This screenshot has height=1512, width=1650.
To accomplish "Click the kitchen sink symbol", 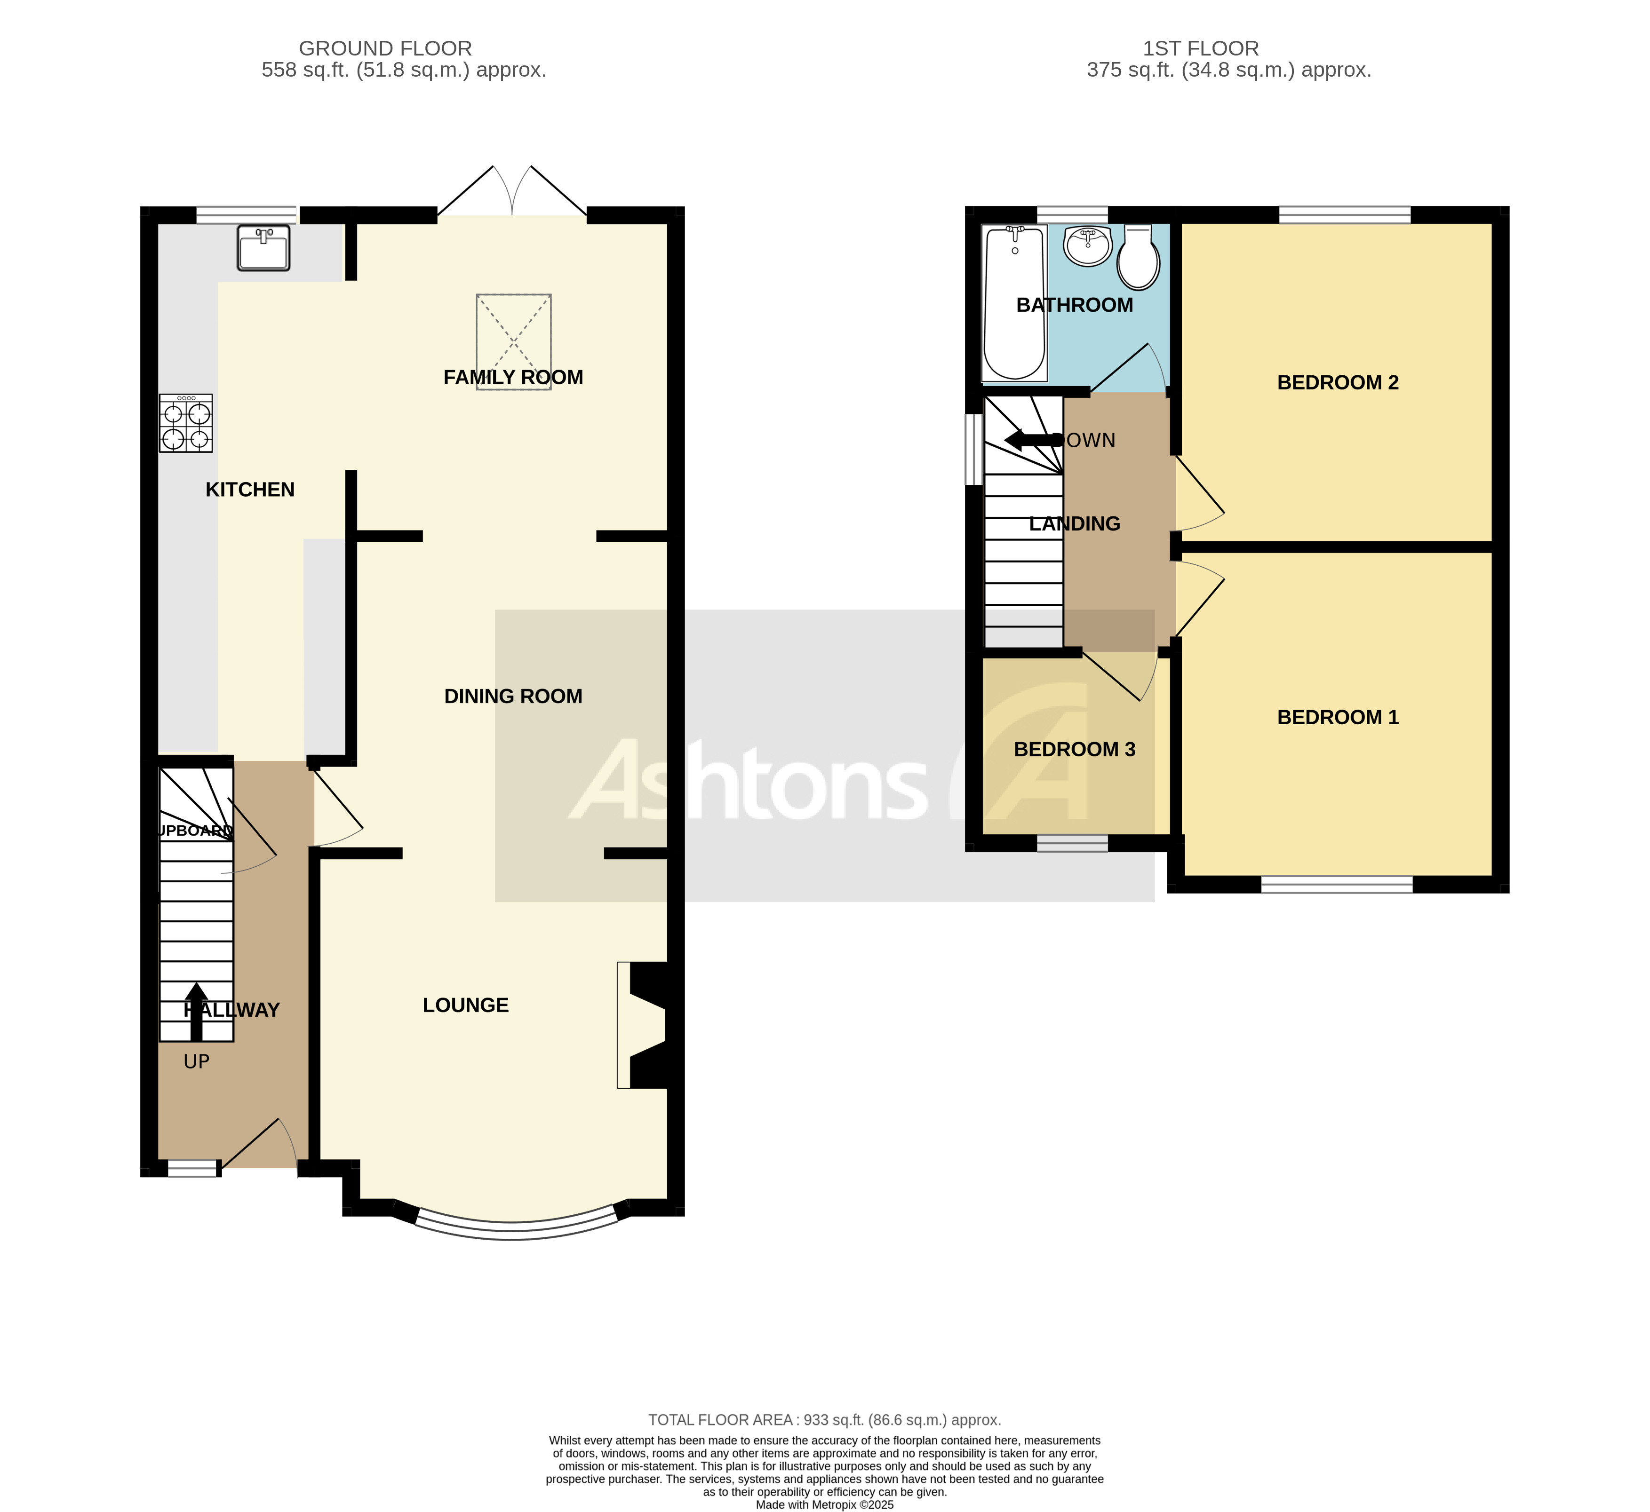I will pyautogui.click(x=263, y=248).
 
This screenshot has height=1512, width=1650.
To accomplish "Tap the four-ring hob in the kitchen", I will pyautogui.click(x=186, y=424).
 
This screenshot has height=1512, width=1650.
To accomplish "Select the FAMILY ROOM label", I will pyautogui.click(x=513, y=377).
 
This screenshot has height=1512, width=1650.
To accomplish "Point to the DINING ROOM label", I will pyautogui.click(x=513, y=697).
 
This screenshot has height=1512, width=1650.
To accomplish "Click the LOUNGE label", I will pyautogui.click(x=466, y=1005).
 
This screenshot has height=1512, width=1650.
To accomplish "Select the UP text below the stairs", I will pyautogui.click(x=197, y=1062).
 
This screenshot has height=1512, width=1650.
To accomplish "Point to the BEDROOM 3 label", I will pyautogui.click(x=1075, y=750).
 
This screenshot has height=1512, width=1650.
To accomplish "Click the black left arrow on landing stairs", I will pyautogui.click(x=1031, y=440).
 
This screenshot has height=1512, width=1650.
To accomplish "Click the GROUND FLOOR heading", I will pyautogui.click(x=385, y=48).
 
